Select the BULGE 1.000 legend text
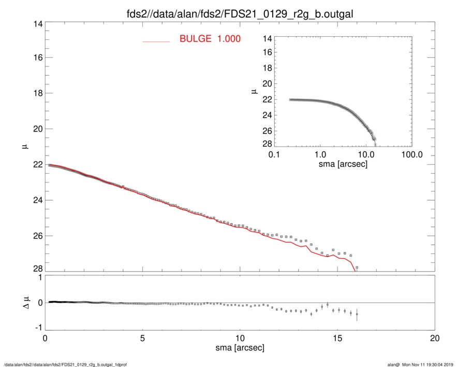point(210,39)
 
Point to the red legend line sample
point(156,41)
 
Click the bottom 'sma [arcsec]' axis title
point(240,348)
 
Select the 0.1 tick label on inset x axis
point(274,154)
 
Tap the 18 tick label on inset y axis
point(267,68)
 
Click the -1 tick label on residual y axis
point(37,328)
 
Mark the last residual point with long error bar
point(357,315)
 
